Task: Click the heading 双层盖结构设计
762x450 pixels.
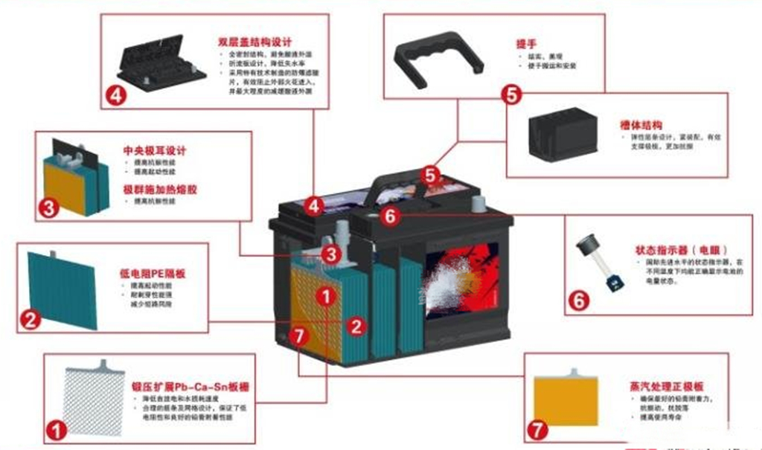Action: click(x=254, y=41)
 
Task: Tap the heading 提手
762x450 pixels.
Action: click(x=526, y=42)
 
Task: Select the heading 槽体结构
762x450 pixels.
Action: click(x=641, y=125)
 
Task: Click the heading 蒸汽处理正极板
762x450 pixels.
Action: click(x=656, y=387)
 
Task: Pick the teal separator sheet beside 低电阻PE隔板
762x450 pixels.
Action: click(x=63, y=289)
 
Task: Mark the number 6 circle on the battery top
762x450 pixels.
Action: click(x=393, y=216)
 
